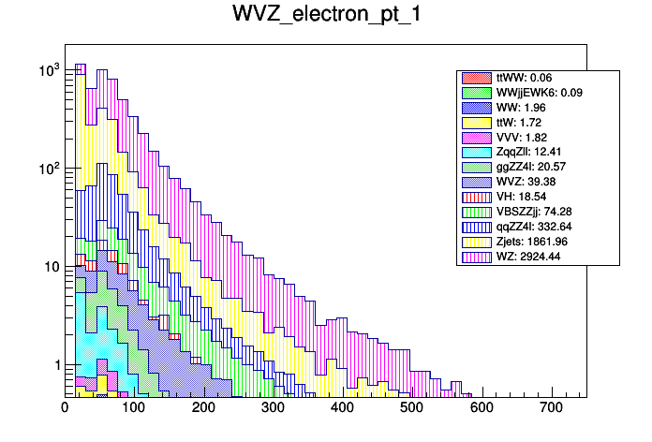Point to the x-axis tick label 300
tap(274, 408)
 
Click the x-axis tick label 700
tap(552, 408)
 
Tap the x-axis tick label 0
tap(65, 408)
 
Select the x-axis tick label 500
tap(412, 408)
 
